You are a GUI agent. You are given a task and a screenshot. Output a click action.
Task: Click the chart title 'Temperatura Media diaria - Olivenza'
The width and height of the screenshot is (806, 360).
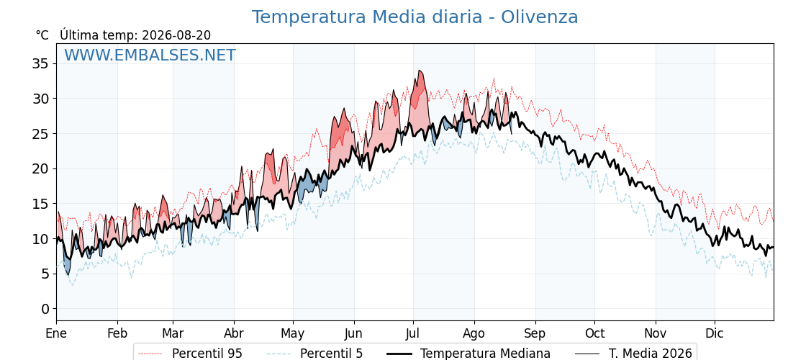(415, 17)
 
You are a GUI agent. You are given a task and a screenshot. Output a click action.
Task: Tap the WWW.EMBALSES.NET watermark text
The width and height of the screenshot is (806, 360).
(150, 55)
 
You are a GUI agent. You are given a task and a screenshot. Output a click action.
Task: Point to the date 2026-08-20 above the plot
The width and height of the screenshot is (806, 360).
(176, 35)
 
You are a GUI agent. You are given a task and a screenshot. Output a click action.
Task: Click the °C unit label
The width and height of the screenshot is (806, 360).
(42, 35)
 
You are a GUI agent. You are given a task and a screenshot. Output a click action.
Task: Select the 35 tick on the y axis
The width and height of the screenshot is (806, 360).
(40, 64)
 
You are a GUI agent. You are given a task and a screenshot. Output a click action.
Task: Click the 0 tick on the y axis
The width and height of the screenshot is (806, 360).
(45, 309)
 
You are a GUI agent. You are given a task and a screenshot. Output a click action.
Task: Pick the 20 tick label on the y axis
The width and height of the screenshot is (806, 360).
(40, 168)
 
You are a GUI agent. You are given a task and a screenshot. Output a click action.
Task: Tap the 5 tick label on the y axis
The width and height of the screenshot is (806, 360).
(45, 274)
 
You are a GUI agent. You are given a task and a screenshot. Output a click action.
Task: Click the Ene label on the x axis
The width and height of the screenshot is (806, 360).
(56, 333)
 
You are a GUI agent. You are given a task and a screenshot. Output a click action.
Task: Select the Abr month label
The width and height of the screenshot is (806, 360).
(234, 333)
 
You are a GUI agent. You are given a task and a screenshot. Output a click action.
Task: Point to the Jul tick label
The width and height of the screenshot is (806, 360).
(413, 333)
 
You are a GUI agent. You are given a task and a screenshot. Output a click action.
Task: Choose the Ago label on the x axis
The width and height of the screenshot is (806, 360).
(474, 333)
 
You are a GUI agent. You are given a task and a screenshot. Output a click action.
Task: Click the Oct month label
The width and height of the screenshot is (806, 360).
(594, 333)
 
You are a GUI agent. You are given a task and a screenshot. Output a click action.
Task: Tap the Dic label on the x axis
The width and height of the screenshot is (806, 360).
(715, 333)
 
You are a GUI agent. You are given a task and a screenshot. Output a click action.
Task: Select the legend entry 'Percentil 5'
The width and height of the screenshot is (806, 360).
(315, 354)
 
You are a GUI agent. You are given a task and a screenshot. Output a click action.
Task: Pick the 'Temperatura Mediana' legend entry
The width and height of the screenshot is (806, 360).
(467, 354)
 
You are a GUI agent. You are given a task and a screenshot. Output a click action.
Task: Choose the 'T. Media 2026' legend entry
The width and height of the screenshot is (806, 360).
(634, 354)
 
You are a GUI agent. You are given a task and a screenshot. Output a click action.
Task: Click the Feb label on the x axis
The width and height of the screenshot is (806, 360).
(118, 333)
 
